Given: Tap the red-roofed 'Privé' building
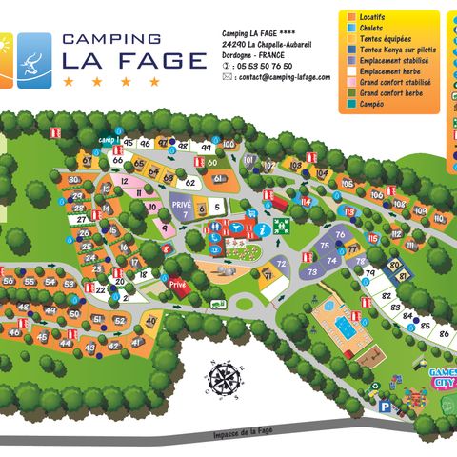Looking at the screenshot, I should click(177, 284).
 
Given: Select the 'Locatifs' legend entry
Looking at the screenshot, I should click(379, 17).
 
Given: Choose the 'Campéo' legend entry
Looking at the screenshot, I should click(379, 106).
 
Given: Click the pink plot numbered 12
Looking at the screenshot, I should click(124, 180).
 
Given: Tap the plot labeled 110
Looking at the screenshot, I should click(438, 218).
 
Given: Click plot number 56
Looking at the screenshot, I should click(10, 281).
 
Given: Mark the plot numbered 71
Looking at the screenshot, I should click(268, 276).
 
